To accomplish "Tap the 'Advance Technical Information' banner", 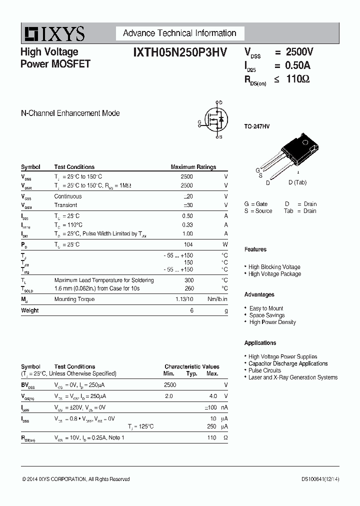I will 179,33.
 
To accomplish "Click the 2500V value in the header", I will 299,52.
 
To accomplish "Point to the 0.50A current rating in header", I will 298,65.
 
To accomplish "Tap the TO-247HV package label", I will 257,127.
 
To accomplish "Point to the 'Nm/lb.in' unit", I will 217,299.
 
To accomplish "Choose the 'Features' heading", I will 255,249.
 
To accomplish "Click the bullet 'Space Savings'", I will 267,315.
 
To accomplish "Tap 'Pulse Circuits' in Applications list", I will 264,370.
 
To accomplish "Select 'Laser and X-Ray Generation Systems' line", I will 293,377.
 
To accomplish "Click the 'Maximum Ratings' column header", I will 193,167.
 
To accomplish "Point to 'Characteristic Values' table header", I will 192,366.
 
